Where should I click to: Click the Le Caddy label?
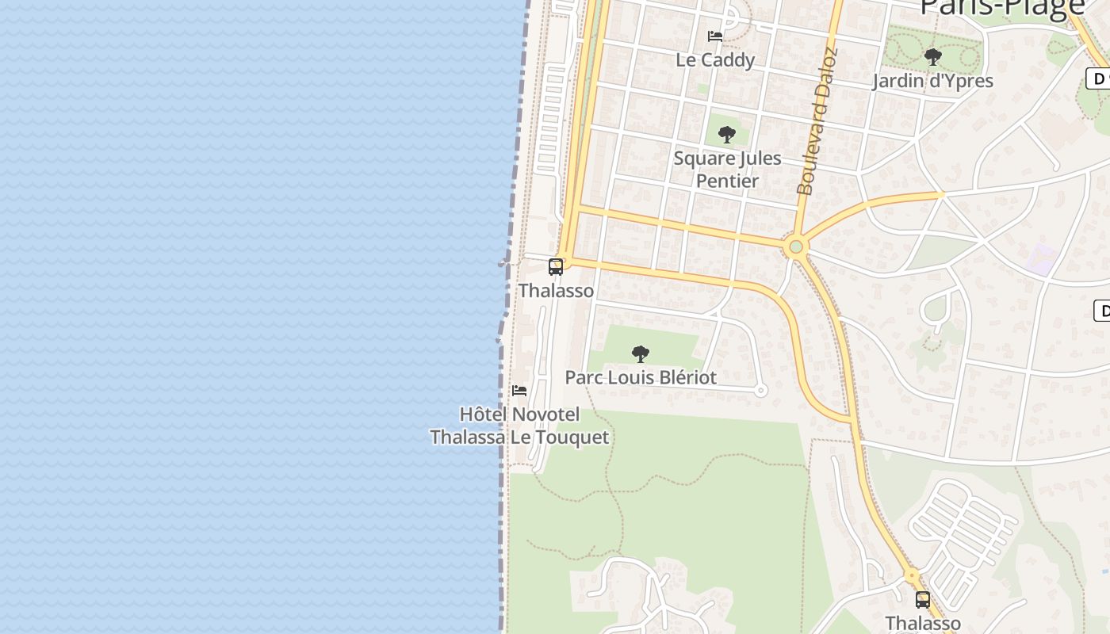click(x=715, y=59)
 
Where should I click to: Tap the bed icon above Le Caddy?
click(x=714, y=36)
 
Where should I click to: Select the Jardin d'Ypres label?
click(x=932, y=81)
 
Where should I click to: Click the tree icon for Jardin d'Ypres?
click(x=932, y=57)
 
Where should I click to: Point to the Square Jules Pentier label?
click(x=727, y=169)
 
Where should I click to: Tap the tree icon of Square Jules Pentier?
click(x=726, y=135)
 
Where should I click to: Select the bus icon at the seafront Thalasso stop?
click(x=556, y=267)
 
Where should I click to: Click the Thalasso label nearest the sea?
click(x=556, y=291)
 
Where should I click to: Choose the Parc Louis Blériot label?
click(x=641, y=377)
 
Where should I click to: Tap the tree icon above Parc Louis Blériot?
click(x=641, y=354)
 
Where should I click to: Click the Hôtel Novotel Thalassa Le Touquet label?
click(x=519, y=426)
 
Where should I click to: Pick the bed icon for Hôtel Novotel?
click(x=519, y=390)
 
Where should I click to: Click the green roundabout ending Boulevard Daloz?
click(x=796, y=247)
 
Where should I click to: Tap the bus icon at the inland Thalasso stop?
click(x=922, y=600)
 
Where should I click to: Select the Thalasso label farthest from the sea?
click(x=922, y=623)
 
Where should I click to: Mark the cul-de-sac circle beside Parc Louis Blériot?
click(x=760, y=390)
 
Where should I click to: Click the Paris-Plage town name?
click(x=1001, y=8)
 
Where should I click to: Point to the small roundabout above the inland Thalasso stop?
click(x=912, y=575)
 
